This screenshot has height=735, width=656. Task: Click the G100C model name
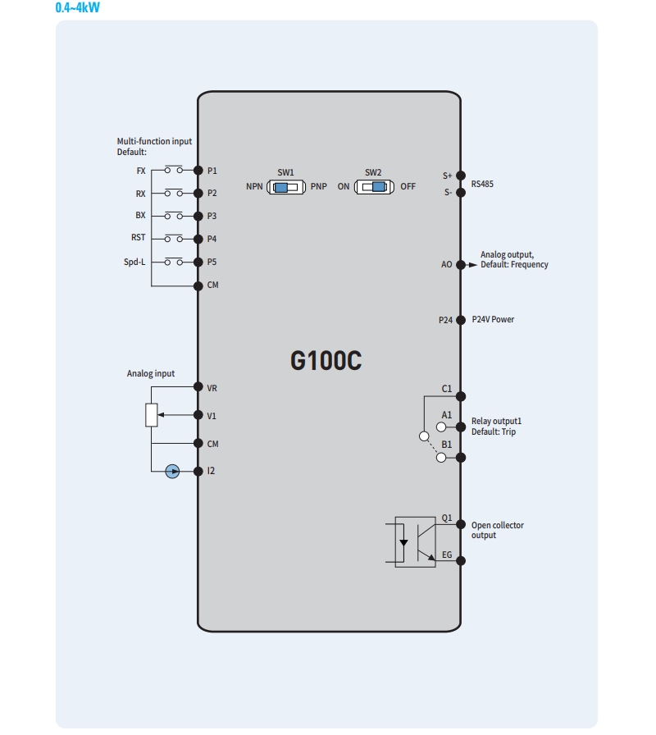click(x=326, y=361)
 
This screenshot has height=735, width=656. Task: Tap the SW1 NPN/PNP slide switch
click(x=285, y=187)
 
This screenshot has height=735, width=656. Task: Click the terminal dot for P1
click(x=198, y=171)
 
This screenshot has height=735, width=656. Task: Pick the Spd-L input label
click(x=134, y=262)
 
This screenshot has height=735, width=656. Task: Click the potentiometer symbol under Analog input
click(x=152, y=415)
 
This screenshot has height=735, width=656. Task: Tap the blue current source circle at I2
click(x=172, y=471)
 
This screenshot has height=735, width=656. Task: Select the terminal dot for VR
click(x=198, y=387)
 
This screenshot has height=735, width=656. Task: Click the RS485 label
click(x=482, y=185)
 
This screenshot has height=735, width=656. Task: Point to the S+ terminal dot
click(x=461, y=176)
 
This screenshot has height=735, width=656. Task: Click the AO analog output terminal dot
click(x=461, y=265)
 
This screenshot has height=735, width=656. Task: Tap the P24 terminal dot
click(x=461, y=319)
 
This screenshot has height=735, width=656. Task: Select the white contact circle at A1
click(x=441, y=427)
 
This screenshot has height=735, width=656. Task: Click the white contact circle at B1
click(x=441, y=458)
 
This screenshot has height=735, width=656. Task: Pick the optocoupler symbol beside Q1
click(x=415, y=541)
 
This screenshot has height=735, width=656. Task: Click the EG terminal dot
click(x=461, y=561)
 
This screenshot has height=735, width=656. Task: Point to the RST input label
click(x=138, y=239)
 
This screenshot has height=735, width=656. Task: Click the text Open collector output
click(x=497, y=530)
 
